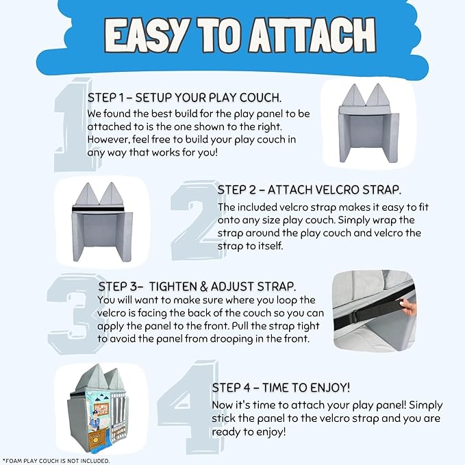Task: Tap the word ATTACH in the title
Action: [312, 36]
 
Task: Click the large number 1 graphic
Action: [71, 125]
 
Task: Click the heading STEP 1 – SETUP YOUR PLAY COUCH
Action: [184, 98]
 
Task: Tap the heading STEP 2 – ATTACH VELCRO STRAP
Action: [310, 190]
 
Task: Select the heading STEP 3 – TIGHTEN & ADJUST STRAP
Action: [197, 286]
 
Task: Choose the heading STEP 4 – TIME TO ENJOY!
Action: [281, 388]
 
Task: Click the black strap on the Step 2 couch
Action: [98, 210]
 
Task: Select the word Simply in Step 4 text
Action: [426, 405]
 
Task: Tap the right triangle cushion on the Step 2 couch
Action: [111, 194]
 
